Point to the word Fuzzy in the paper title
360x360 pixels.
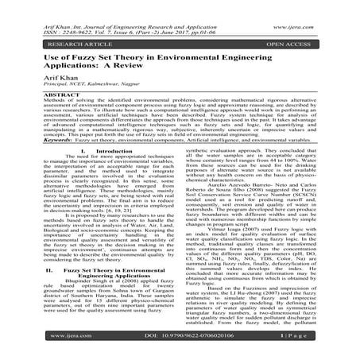click(x=90, y=49)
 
